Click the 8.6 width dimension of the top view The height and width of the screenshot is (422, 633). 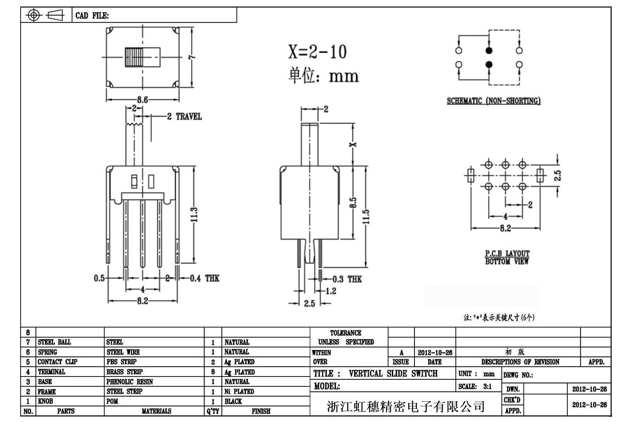[x=142, y=100]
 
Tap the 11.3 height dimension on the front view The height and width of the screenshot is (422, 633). [x=195, y=214]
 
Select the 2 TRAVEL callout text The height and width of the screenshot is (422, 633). [x=184, y=116]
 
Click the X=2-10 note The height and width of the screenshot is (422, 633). [x=317, y=52]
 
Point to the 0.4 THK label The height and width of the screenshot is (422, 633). [x=205, y=278]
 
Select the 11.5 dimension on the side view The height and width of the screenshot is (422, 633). [x=366, y=216]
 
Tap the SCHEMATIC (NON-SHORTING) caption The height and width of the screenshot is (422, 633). [x=494, y=101]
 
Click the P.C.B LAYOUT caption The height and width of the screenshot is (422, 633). [x=507, y=253]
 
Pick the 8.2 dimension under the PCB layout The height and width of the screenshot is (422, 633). [x=505, y=228]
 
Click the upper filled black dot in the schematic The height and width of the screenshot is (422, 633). [x=489, y=51]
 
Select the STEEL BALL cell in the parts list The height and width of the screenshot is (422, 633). [x=54, y=342]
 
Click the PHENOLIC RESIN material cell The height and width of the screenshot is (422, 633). [x=130, y=381]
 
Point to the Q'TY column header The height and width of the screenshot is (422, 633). [x=213, y=411]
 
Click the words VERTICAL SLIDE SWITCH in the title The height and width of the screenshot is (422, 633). [x=393, y=373]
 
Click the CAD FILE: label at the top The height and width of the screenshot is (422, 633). [x=92, y=16]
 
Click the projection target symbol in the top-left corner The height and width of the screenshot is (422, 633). [x=34, y=15]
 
